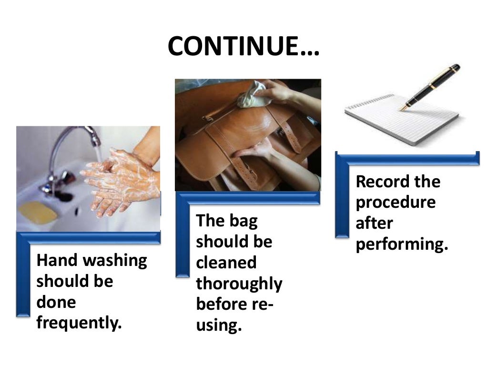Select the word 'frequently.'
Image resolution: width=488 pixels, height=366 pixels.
(79, 324)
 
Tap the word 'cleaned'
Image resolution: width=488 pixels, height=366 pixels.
(226, 263)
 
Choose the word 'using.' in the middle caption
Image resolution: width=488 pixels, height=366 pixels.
(217, 326)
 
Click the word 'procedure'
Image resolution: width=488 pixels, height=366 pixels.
(396, 203)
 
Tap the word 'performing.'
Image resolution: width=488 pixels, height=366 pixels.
(403, 244)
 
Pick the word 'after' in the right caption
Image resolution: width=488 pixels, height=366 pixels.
(374, 224)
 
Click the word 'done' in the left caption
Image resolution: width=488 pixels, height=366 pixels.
(56, 303)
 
